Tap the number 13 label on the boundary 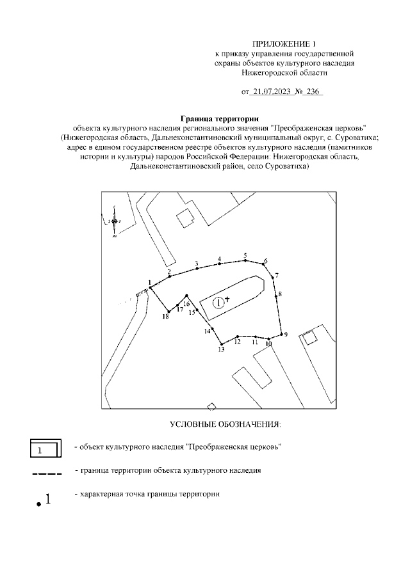tap(222, 350)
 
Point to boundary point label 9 tap(286, 334)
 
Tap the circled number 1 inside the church tap(218, 301)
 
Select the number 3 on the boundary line tap(197, 264)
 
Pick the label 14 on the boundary tap(208, 331)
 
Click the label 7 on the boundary tap(277, 276)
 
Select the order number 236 tap(313, 92)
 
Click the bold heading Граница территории tap(219, 118)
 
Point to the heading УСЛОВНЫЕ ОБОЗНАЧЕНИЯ tap(225, 424)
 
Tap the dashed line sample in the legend tap(46, 474)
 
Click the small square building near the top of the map tap(186, 218)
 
